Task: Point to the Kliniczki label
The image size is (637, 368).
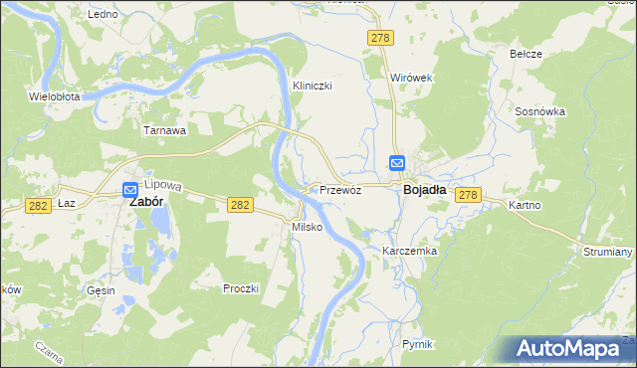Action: tap(312, 86)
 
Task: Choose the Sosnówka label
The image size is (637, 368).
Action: tap(540, 112)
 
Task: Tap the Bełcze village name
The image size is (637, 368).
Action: tap(526, 54)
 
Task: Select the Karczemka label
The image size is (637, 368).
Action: tap(410, 252)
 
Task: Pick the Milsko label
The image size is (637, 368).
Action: tap(305, 227)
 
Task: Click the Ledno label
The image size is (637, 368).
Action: tap(103, 15)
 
